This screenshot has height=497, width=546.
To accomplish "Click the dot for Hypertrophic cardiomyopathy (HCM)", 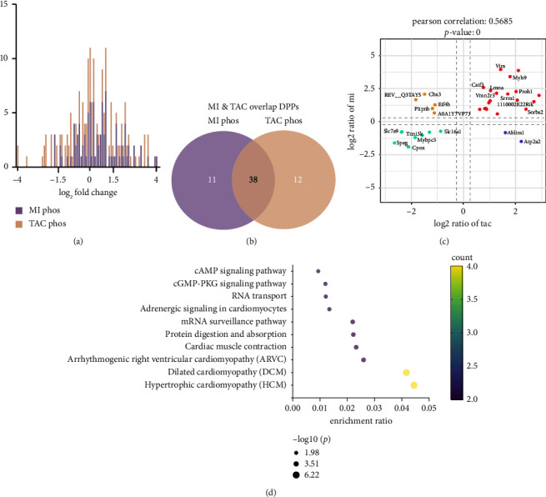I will (413, 385).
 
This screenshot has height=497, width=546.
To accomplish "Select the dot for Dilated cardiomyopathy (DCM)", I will (406, 373).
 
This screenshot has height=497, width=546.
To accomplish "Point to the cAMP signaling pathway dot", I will (318, 271).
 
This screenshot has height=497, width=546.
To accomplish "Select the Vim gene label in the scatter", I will (500, 65).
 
